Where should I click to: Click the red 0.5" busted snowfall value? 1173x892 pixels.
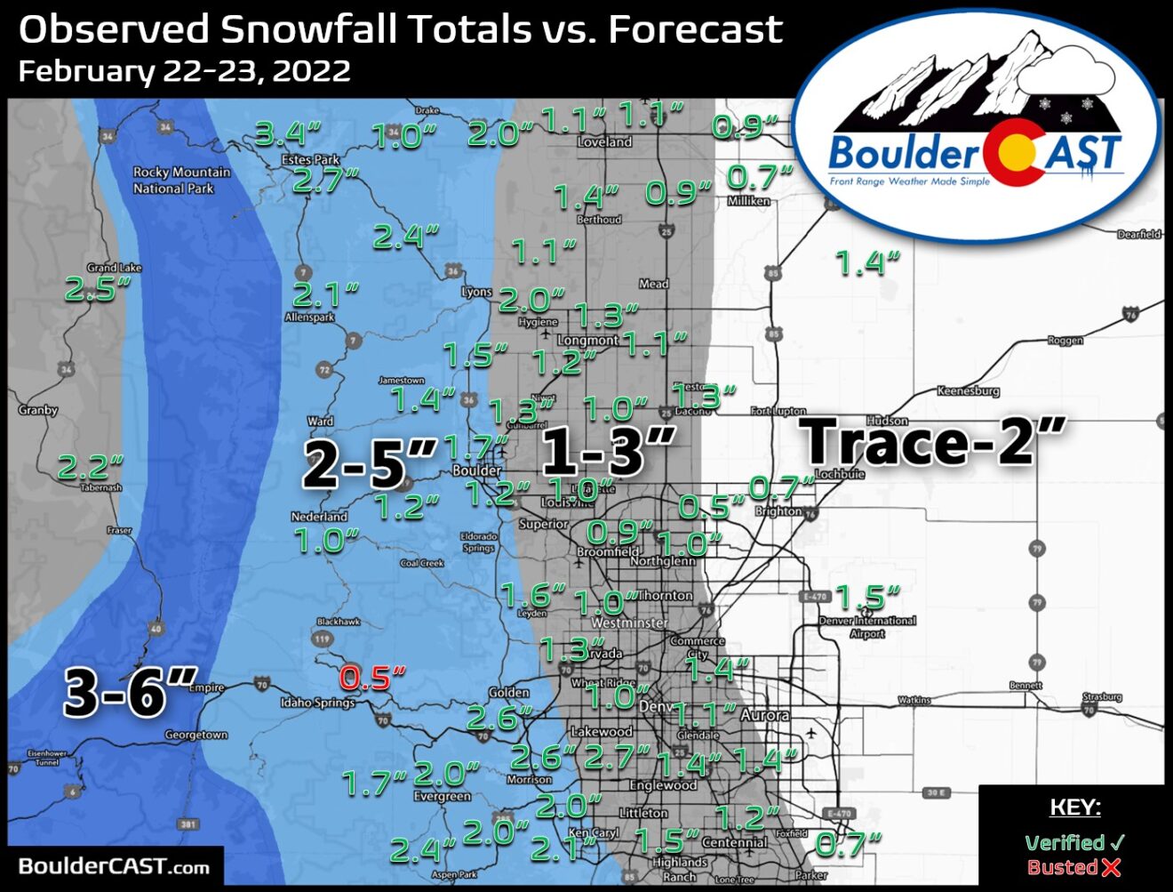371,678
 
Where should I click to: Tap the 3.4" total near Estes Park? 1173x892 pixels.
287,134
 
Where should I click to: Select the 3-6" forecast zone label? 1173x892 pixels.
130,691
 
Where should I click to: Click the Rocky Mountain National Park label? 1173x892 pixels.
180,180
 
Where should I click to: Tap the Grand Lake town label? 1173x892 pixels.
114,267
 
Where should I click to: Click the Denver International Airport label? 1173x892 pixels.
867,627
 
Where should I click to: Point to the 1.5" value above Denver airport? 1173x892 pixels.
867,597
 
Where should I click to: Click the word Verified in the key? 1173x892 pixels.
1064,842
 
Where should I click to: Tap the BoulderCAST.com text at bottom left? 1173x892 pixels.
114,866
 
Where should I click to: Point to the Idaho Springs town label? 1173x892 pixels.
317,703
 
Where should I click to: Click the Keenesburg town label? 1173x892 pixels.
968,391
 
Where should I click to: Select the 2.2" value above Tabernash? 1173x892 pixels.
90,466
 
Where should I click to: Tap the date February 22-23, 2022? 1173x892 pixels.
184,71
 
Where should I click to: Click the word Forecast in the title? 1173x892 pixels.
695,29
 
